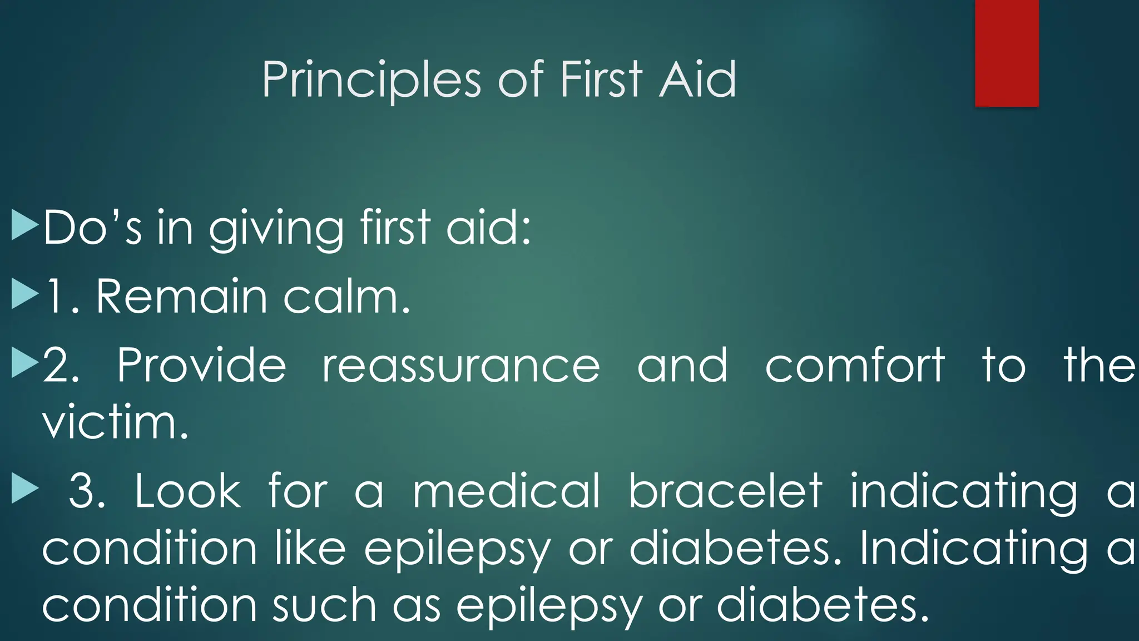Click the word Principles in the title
[371, 80]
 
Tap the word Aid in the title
[697, 80]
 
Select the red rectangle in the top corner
[1007, 53]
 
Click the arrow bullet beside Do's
[24, 225]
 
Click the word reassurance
[461, 366]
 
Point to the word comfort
[855, 366]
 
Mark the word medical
[507, 491]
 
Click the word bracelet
[725, 491]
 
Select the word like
[310, 549]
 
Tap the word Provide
[201, 366]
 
